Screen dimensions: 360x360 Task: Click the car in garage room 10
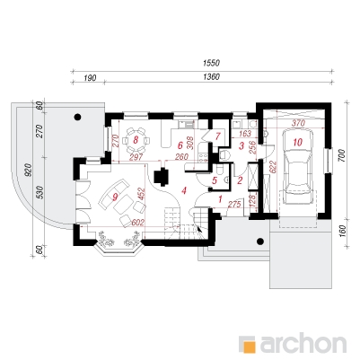click(298, 167)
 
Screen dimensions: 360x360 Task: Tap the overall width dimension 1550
click(211, 63)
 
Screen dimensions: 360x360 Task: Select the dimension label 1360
click(211, 77)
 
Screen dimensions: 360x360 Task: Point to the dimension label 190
click(90, 78)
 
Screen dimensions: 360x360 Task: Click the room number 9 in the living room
click(115, 197)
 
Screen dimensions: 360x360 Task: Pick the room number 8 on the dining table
click(136, 140)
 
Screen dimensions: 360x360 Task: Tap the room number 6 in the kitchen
click(180, 145)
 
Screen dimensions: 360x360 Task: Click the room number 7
click(217, 136)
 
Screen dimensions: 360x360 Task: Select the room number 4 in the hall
click(184, 190)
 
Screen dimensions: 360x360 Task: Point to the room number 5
click(215, 180)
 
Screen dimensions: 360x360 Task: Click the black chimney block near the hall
click(162, 176)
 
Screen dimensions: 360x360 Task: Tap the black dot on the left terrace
click(78, 117)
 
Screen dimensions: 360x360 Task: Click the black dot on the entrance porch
click(260, 241)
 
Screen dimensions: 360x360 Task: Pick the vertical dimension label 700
click(343, 155)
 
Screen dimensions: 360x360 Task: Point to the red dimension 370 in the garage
click(298, 123)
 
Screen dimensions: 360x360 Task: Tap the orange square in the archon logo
click(249, 344)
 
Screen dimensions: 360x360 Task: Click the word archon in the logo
click(303, 345)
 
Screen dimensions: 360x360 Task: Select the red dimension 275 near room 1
click(234, 206)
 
